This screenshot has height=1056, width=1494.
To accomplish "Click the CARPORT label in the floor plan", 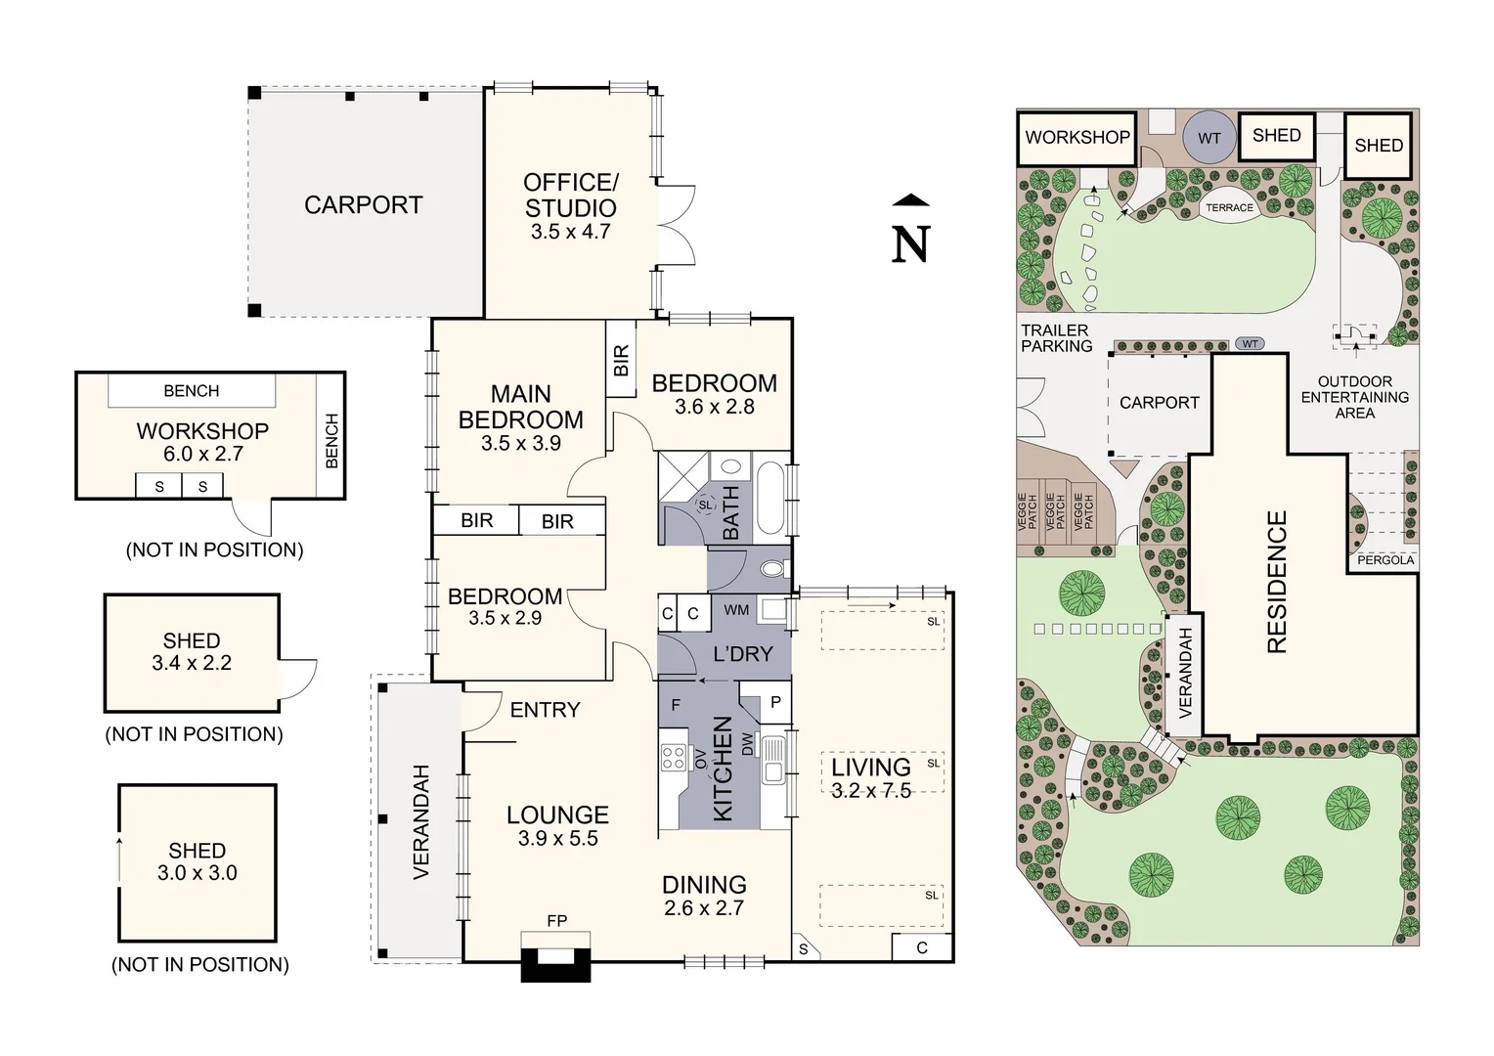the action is tap(364, 204).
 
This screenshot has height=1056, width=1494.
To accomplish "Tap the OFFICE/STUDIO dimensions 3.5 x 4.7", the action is tap(571, 232).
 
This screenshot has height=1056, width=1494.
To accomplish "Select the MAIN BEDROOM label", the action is tap(521, 407).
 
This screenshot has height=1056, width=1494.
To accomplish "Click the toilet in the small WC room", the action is tap(772, 569).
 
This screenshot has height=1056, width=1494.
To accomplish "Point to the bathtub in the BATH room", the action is tap(771, 497).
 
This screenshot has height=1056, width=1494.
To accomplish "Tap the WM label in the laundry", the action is tap(736, 610).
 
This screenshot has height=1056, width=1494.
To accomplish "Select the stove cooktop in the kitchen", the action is tap(673, 757).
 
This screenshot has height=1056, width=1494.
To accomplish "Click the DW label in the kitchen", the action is tap(747, 746).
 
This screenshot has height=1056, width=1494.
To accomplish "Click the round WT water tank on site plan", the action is tap(1209, 138).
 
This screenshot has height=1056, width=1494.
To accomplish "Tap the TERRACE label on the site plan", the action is tap(1229, 207).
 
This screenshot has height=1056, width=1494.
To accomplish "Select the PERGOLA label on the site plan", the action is tap(1385, 560).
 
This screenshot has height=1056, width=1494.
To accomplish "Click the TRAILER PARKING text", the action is tap(1057, 338).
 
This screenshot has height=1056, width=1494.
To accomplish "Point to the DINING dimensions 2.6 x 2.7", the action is tap(704, 908).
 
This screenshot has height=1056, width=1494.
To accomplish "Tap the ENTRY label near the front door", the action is tap(545, 710).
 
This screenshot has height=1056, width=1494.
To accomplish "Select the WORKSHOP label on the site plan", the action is tap(1077, 138).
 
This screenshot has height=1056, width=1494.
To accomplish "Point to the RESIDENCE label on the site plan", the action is tap(1276, 582).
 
